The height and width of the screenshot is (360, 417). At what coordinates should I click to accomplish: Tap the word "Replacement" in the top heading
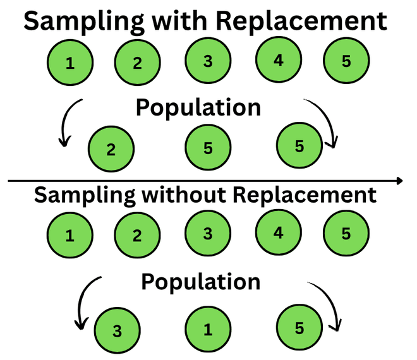pos(301,21)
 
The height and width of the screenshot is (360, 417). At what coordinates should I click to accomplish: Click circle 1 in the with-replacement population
pos(70,63)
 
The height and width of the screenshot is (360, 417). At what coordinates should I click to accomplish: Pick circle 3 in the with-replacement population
pos(208,61)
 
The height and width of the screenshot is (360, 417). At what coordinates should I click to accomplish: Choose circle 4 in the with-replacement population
pos(279,61)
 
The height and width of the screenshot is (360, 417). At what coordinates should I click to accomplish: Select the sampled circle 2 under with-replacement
pos(111,150)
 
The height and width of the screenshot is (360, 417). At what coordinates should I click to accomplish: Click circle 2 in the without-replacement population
pos(137,236)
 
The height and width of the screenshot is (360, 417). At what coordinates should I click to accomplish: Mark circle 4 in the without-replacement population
pos(279,232)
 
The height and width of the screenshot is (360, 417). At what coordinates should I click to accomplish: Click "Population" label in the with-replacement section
pos(198,107)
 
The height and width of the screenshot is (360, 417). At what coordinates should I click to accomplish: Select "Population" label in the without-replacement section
pos(201,281)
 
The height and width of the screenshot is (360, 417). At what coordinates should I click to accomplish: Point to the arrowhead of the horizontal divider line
pos(399,181)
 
